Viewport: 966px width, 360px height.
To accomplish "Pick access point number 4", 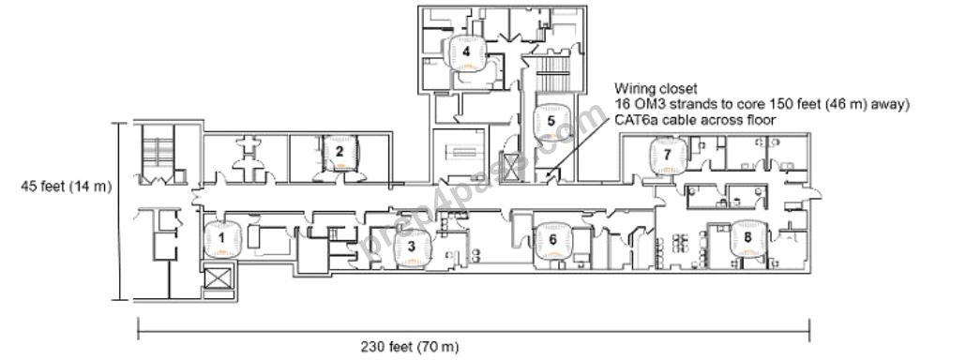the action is pos(466,52).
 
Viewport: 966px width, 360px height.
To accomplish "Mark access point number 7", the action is pos(667,157).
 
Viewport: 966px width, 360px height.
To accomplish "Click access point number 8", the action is pos(747,239).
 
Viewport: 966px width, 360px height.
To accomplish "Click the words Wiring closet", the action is pos(655,89).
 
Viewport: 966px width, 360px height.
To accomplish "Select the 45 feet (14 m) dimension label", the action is pos(66,187).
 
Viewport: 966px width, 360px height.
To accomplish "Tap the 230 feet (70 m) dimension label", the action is pos(410,347).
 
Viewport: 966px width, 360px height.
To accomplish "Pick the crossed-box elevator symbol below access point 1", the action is pos(220,278).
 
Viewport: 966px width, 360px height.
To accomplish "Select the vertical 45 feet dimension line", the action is pos(121,212).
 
